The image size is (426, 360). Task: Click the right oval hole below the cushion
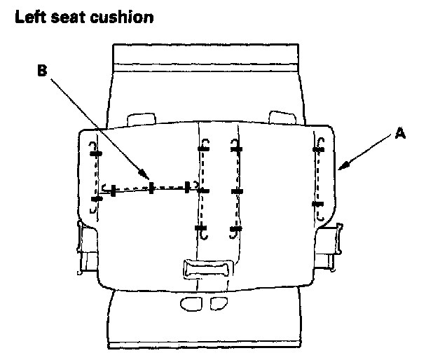(x=219, y=303)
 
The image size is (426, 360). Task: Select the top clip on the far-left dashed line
(x=95, y=153)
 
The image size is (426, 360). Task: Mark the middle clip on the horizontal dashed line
(x=151, y=188)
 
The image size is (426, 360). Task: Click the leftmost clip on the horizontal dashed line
(x=112, y=190)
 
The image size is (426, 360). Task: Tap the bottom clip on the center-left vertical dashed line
(x=201, y=228)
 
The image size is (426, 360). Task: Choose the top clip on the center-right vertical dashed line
(x=237, y=149)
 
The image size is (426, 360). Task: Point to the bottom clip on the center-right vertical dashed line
(x=236, y=228)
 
